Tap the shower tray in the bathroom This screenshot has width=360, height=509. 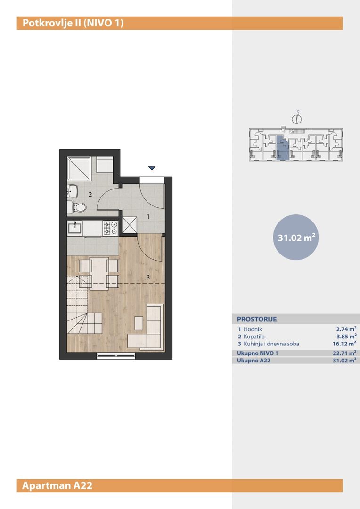click(x=79, y=169)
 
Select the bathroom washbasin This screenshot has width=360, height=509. click(x=73, y=191)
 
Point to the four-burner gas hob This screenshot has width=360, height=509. click(x=110, y=228)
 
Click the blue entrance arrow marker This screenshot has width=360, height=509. click(x=152, y=168)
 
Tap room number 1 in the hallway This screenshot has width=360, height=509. click(x=148, y=216)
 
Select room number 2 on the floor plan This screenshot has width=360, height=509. click(x=90, y=195)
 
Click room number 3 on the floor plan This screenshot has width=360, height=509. click(x=148, y=277)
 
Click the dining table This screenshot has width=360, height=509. click(x=99, y=273)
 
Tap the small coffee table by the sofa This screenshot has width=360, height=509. click(x=139, y=323)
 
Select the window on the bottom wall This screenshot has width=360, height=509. click(x=116, y=356)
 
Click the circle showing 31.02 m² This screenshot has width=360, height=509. click(x=296, y=237)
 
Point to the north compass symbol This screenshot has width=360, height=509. click(x=297, y=118)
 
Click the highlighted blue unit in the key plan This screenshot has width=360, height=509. click(x=282, y=148)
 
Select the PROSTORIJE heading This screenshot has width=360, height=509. click(x=257, y=319)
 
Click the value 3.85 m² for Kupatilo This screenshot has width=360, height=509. click(x=346, y=337)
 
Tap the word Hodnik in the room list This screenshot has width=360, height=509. click(x=253, y=329)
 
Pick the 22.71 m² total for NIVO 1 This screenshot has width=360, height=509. click(x=345, y=353)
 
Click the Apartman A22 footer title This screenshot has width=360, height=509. click(x=57, y=485)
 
